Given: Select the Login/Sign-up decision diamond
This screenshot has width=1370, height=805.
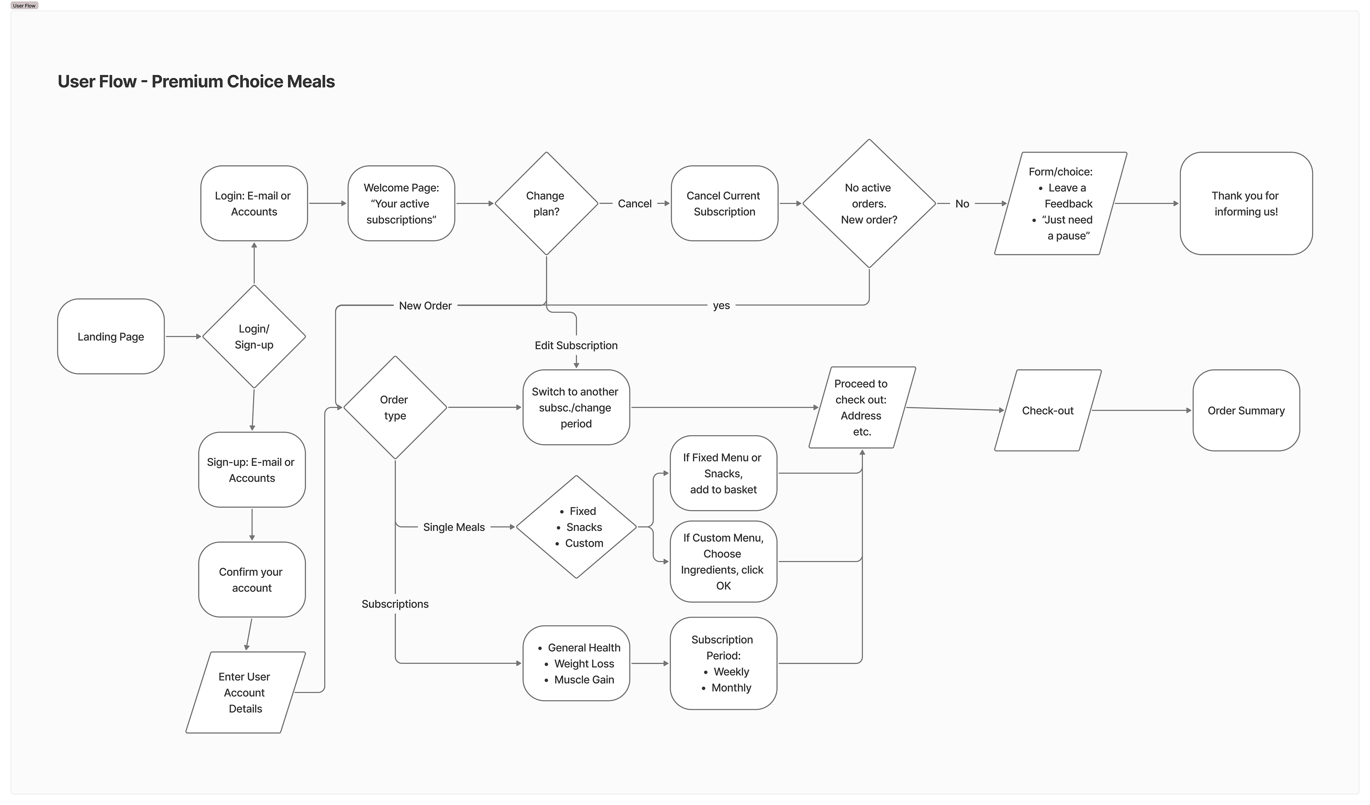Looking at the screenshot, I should point(254,336).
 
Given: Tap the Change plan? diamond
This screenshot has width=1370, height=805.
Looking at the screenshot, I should point(546,203).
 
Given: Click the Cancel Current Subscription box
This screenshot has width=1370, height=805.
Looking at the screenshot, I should point(724,203).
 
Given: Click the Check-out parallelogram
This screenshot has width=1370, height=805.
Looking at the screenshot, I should point(1047,411).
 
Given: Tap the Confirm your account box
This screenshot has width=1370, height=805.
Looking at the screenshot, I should point(252,580).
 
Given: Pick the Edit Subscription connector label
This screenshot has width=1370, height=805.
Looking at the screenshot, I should point(576,345).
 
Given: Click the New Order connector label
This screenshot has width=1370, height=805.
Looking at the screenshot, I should point(425,305).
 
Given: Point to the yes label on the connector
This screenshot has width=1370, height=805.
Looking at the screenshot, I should point(721,305).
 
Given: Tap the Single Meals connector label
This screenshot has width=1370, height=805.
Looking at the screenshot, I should point(453,527).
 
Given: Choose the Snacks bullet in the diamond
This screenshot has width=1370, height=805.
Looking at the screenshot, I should point(584,527).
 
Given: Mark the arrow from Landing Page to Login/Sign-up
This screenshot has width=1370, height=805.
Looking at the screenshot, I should point(183,336).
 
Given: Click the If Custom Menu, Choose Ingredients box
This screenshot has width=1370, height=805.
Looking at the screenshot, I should point(723,561).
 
